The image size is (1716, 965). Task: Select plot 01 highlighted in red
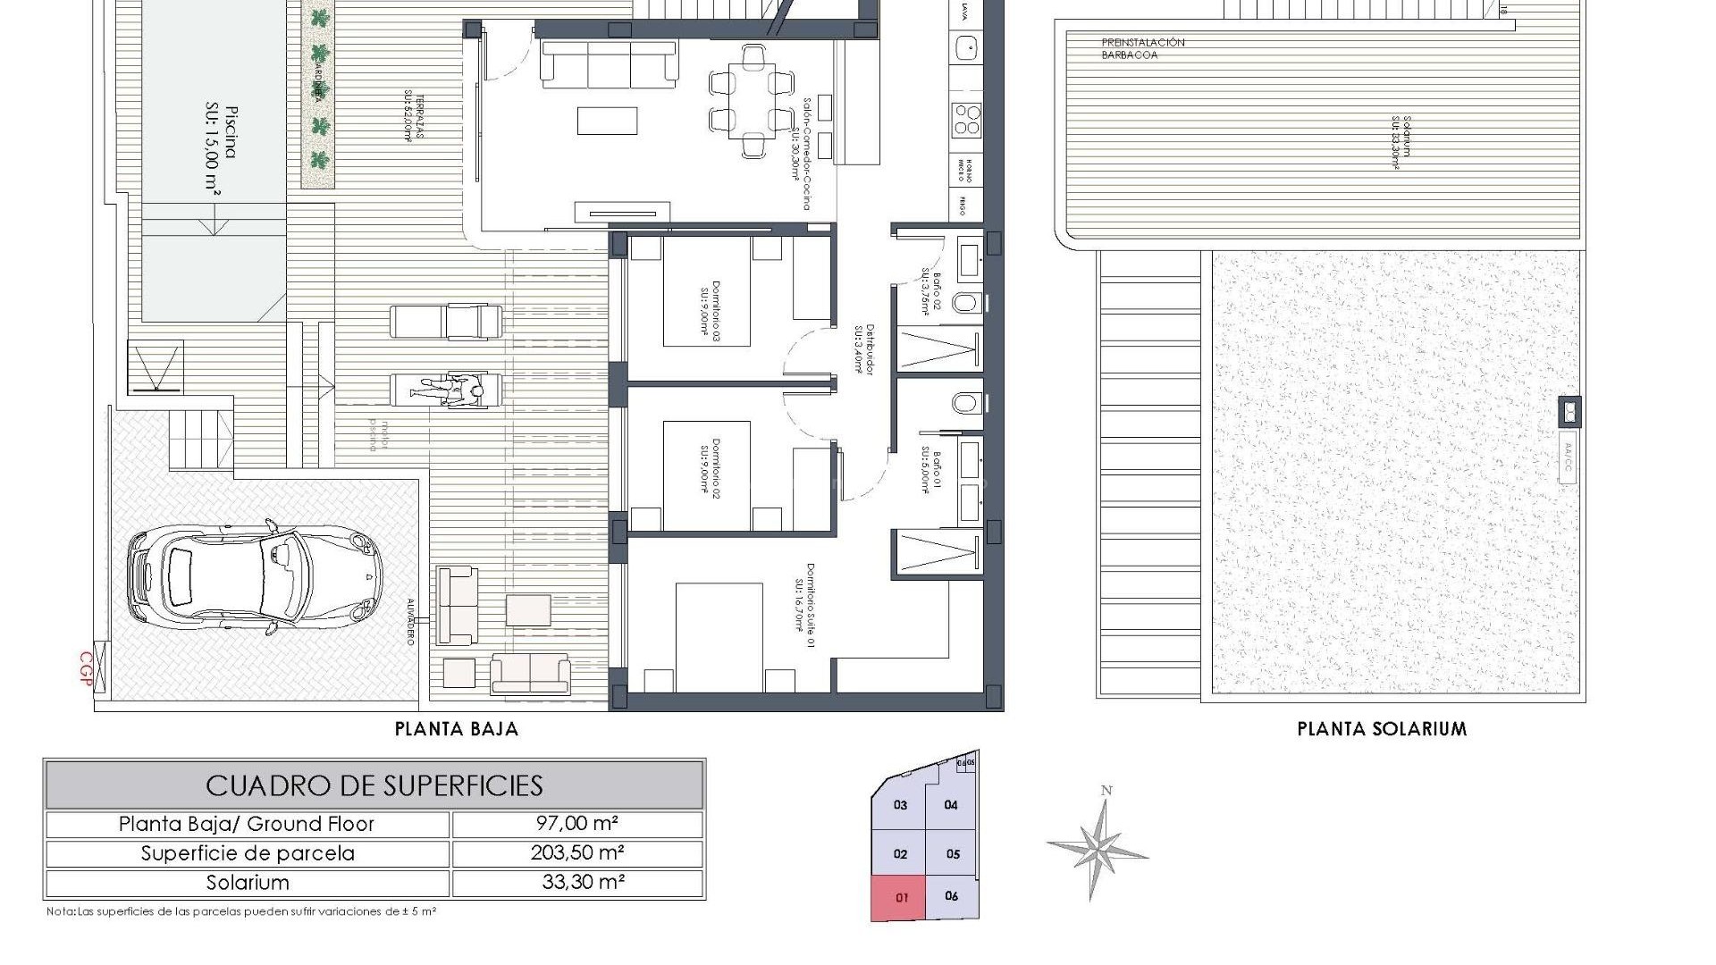(x=901, y=897)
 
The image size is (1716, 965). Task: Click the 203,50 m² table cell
(x=577, y=852)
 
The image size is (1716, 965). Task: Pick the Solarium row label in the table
(x=248, y=883)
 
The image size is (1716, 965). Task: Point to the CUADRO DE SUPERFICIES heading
(x=374, y=785)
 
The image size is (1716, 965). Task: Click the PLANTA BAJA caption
(x=457, y=729)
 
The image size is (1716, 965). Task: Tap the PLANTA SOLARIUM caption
(x=1382, y=729)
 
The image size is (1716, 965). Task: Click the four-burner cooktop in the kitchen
(x=966, y=119)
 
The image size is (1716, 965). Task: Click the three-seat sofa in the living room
(x=609, y=64)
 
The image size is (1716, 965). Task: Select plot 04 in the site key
(x=951, y=805)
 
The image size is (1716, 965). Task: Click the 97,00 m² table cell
(x=577, y=824)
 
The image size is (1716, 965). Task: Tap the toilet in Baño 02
(x=966, y=303)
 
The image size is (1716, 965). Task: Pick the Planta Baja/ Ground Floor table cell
(x=247, y=824)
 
